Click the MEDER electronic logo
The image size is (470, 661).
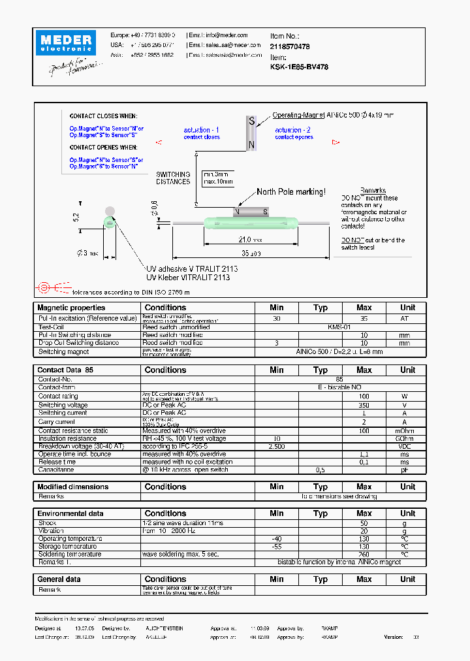68,42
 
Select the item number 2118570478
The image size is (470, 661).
290,46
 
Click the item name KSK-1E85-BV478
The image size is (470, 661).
299,66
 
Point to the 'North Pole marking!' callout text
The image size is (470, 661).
290,191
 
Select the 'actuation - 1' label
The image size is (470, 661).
202,130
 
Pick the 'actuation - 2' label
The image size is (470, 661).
293,130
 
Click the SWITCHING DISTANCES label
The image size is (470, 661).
173,178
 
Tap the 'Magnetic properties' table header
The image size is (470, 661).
71,308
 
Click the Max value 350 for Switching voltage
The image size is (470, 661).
364,404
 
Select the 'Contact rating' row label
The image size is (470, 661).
58,396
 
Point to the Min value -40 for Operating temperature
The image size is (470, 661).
276,538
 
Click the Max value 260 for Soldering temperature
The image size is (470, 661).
364,554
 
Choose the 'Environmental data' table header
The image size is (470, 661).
70,513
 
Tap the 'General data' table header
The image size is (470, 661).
59,579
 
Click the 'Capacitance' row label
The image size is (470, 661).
56,469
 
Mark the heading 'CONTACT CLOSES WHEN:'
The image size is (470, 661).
103,116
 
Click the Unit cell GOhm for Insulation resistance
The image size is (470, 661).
407,438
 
